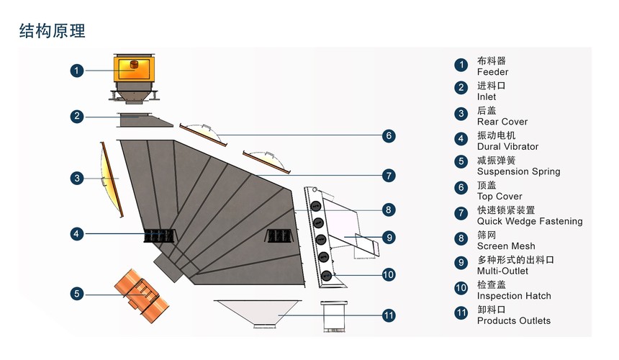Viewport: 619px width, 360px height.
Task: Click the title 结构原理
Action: click(x=53, y=30)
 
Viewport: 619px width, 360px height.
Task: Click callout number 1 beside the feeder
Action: click(x=77, y=71)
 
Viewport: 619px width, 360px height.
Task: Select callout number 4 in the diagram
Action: click(x=77, y=234)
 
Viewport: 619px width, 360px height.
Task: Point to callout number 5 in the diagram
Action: click(x=77, y=293)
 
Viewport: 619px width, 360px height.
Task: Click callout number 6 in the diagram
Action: click(x=388, y=135)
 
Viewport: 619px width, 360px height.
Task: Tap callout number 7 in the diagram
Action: click(x=388, y=175)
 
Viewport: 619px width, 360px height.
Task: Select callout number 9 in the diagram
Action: click(x=388, y=237)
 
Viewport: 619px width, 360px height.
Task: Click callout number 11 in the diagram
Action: click(x=388, y=315)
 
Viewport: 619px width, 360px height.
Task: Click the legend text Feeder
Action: click(x=492, y=72)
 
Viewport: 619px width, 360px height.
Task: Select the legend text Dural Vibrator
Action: click(x=507, y=147)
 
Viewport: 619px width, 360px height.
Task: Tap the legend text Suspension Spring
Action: click(x=518, y=171)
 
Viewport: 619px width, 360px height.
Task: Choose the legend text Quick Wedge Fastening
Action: click(x=530, y=221)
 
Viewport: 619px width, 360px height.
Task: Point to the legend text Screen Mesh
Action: click(x=506, y=246)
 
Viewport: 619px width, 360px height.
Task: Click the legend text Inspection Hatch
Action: click(x=514, y=296)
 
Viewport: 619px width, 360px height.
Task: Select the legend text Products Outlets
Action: click(x=514, y=320)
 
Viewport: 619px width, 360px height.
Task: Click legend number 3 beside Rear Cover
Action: click(x=461, y=114)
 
